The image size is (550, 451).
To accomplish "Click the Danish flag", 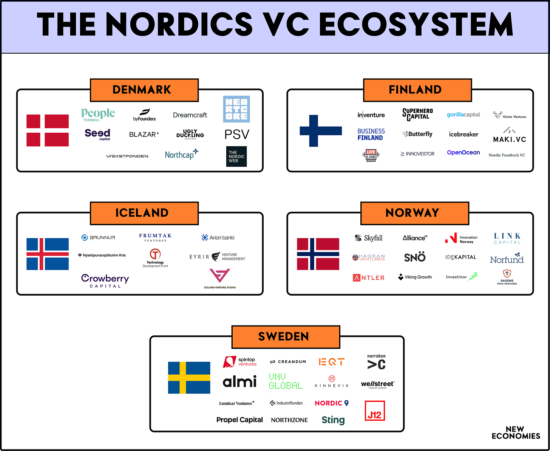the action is (x=48, y=130).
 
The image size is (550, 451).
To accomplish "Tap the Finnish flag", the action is (x=321, y=130).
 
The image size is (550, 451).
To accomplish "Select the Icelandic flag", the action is (x=48, y=254).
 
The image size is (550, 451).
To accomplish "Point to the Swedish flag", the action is (x=189, y=378).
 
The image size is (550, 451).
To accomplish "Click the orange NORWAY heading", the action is (x=414, y=213).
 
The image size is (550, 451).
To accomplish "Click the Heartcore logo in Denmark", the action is (x=236, y=109).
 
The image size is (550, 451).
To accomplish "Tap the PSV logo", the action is (x=237, y=135).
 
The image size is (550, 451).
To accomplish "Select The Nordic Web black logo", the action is (x=236, y=157).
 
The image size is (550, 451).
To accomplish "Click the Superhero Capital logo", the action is (x=417, y=114).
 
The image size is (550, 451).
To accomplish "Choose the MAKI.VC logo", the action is (x=510, y=135).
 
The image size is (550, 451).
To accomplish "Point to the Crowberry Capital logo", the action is (x=105, y=281).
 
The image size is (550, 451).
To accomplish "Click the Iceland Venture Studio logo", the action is (x=219, y=279).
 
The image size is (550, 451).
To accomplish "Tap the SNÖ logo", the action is (x=415, y=257).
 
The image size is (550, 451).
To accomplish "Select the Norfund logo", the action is (x=507, y=258).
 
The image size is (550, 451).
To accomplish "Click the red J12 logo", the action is (x=375, y=411).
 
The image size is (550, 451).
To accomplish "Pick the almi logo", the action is (x=239, y=381).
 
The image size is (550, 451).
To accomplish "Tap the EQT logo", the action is (x=332, y=362).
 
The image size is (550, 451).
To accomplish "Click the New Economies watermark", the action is (x=516, y=432).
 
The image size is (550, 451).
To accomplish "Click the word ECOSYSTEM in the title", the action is (x=416, y=25).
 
